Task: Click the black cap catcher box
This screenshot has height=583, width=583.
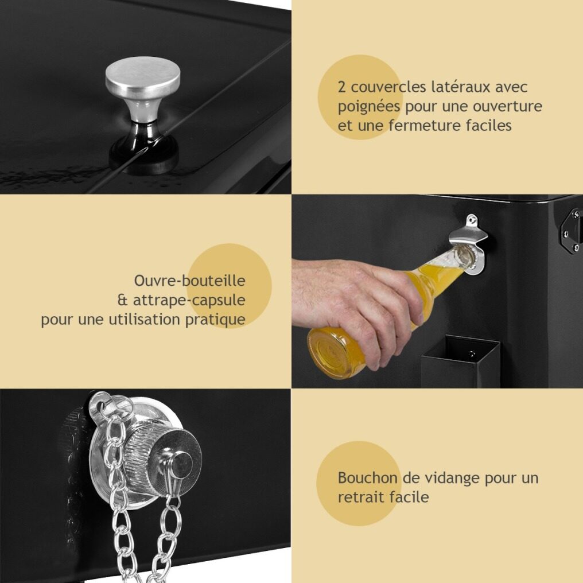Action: [x=460, y=362]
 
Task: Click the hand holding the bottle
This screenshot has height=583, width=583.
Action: [x=356, y=305]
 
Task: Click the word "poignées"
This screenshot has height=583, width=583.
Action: [x=369, y=107]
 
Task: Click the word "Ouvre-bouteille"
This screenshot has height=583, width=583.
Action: [x=189, y=281]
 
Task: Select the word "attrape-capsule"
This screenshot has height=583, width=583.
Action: [x=189, y=301]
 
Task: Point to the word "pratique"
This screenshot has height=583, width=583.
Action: [x=215, y=320]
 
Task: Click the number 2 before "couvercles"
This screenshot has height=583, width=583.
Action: [x=341, y=87]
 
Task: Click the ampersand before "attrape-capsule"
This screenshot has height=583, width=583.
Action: [x=122, y=300]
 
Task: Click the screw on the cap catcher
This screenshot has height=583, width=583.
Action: [x=472, y=353]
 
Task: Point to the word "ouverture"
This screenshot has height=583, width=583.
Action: [x=507, y=107]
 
